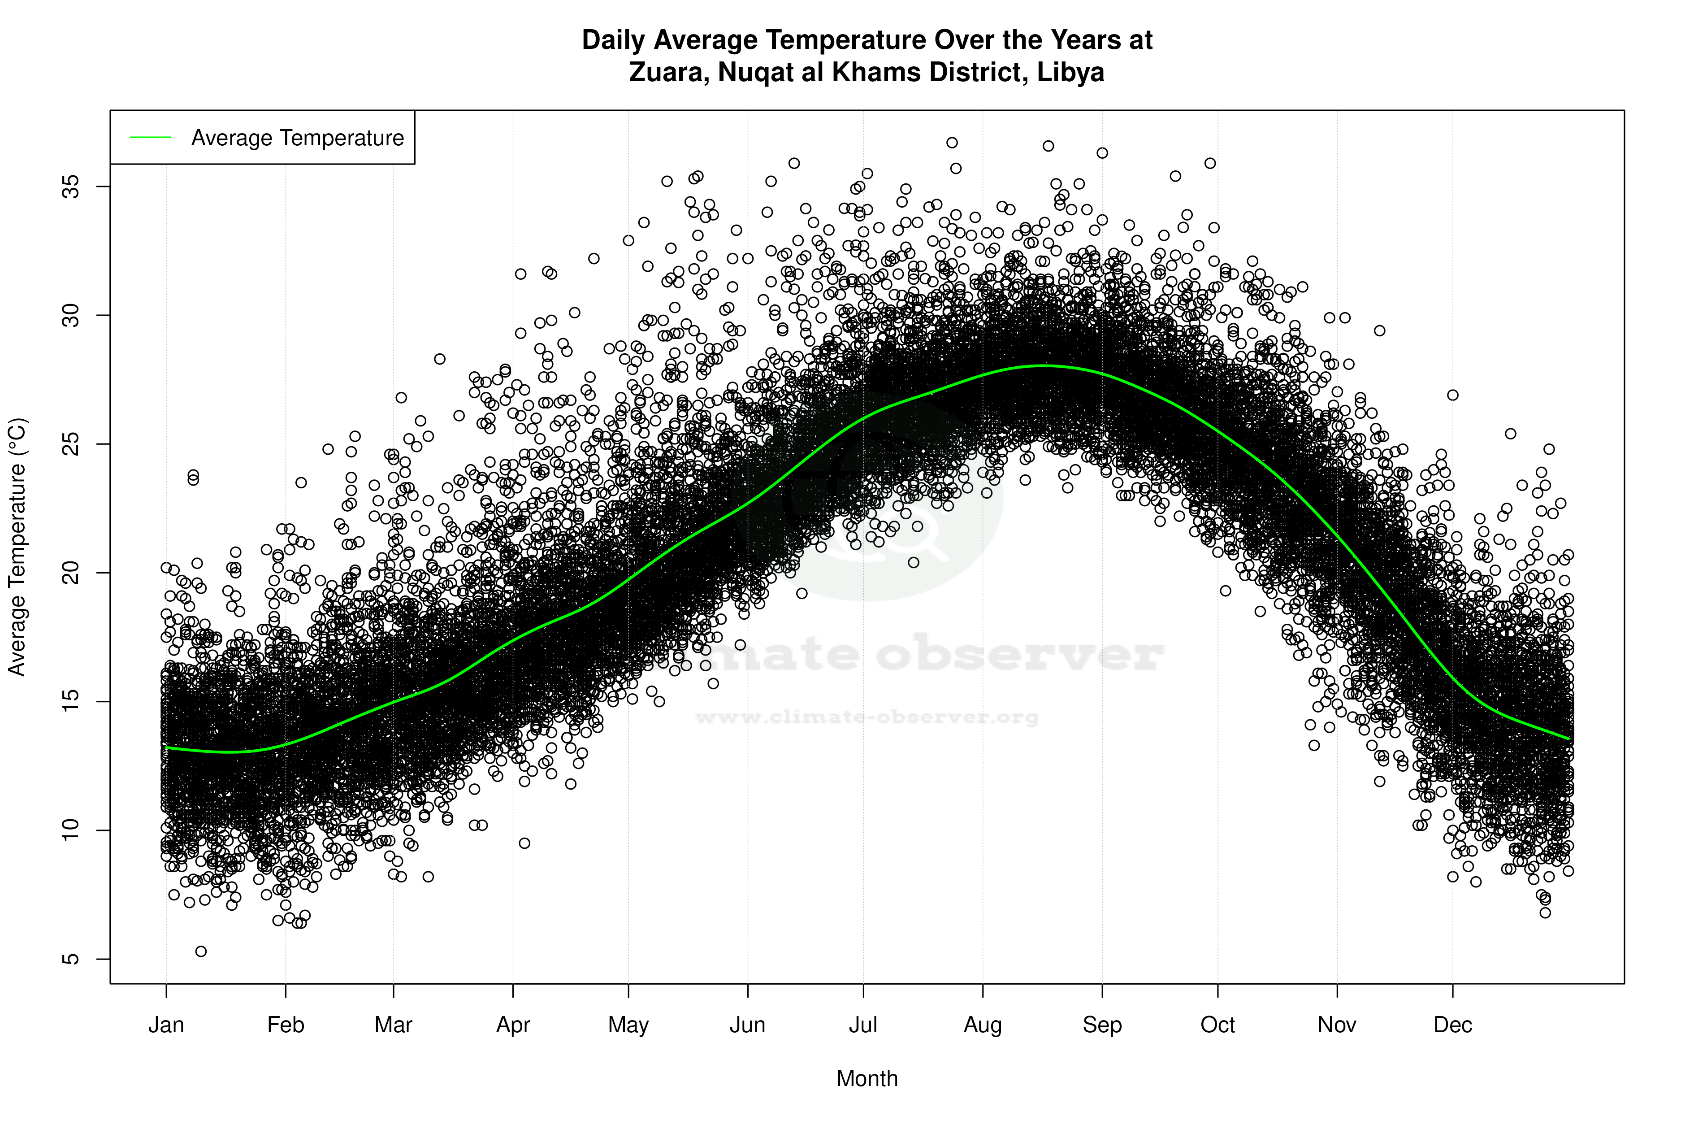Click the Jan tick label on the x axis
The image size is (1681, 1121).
point(166,1025)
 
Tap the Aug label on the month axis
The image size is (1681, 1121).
point(983,1025)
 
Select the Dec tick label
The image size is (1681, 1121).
point(1453,1025)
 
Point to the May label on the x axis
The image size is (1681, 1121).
point(628,1025)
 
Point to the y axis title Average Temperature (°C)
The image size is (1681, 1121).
point(17,547)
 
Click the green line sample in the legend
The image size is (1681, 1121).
point(151,137)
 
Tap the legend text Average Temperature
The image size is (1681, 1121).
point(297,138)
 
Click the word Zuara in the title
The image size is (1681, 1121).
point(668,72)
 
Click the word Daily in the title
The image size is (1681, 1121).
point(614,40)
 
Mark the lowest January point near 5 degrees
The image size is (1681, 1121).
point(201,952)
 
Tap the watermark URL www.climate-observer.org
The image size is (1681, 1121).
point(867,717)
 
